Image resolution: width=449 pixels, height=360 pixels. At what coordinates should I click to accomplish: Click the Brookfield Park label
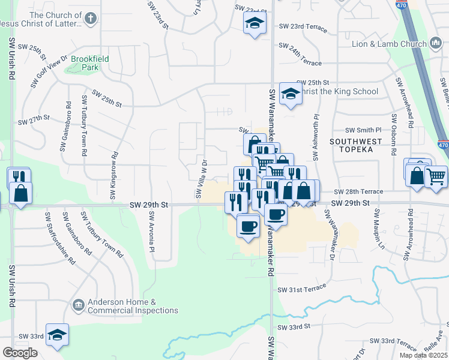[x=85, y=63]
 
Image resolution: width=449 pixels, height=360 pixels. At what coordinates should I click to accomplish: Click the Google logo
[x=20, y=352]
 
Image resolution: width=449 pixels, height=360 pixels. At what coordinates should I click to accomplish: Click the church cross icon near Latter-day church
[x=90, y=19]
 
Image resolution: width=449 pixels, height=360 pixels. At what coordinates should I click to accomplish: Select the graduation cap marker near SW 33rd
[x=58, y=335]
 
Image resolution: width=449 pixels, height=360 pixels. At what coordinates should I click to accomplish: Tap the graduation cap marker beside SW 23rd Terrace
[x=255, y=24]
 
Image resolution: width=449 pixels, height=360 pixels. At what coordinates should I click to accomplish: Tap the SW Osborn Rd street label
[x=395, y=134]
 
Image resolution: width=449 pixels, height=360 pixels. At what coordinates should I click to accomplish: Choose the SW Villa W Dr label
[x=200, y=178]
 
